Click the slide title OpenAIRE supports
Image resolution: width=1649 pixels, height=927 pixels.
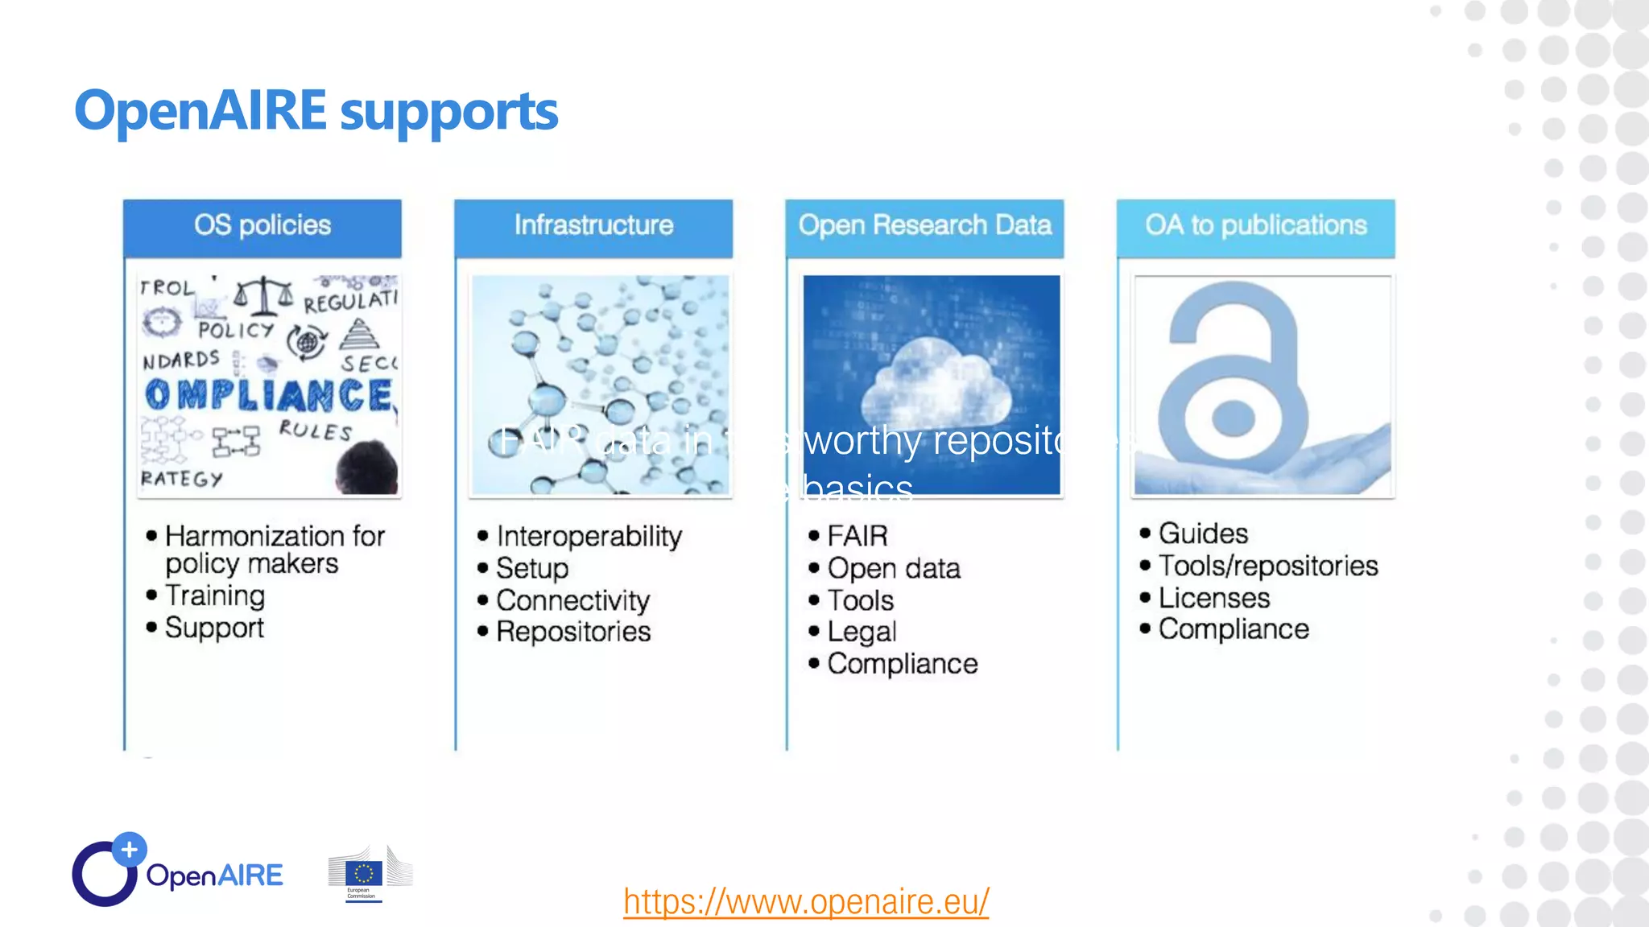click(x=316, y=111)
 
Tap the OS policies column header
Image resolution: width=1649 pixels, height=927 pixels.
click(x=262, y=225)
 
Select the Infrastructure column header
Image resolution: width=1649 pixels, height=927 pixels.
click(x=593, y=225)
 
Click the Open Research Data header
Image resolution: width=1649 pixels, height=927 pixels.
click(x=924, y=225)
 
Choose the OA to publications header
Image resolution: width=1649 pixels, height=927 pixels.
click(x=1255, y=225)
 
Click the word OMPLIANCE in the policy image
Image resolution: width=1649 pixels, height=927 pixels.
click(x=270, y=395)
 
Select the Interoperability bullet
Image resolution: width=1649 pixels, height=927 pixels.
click(x=589, y=536)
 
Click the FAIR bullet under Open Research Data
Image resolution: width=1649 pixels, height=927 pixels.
click(x=857, y=536)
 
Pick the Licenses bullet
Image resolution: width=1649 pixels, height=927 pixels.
click(x=1213, y=598)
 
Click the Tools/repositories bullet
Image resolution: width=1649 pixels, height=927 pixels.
click(x=1267, y=566)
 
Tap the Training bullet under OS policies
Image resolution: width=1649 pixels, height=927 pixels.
click(x=214, y=595)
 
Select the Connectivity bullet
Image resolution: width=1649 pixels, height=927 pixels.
click(x=572, y=600)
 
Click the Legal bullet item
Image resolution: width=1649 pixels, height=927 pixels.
click(x=862, y=632)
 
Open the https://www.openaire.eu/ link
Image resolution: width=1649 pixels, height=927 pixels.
click(x=806, y=901)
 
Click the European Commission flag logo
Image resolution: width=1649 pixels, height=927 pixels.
click(x=364, y=874)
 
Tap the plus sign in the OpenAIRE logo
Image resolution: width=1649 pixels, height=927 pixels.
click(x=129, y=849)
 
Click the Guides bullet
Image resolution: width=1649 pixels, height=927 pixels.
click(x=1203, y=534)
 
